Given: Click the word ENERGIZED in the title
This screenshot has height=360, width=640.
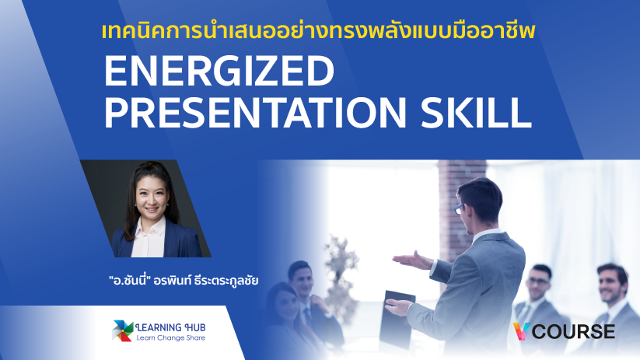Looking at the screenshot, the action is pyautogui.click(x=219, y=71).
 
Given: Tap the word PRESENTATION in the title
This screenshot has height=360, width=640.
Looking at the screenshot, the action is pyautogui.click(x=256, y=112).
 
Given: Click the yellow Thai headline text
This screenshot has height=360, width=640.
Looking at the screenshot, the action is pyautogui.click(x=318, y=31).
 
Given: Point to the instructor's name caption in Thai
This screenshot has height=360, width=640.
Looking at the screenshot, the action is pyautogui.click(x=184, y=281).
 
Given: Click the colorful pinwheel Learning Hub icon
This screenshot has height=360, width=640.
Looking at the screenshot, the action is pyautogui.click(x=122, y=330).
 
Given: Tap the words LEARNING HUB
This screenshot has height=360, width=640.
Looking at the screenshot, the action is pyautogui.click(x=170, y=327).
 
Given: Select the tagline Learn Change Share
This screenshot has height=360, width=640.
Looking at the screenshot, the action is pyautogui.click(x=170, y=338).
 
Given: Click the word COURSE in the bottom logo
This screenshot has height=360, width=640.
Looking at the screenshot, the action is pyautogui.click(x=573, y=331).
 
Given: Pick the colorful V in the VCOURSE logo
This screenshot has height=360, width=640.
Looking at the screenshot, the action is pyautogui.click(x=521, y=331).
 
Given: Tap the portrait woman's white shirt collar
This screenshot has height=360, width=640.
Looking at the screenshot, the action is pyautogui.click(x=150, y=227).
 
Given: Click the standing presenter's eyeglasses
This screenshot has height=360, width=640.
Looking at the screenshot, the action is pyautogui.click(x=460, y=209).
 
